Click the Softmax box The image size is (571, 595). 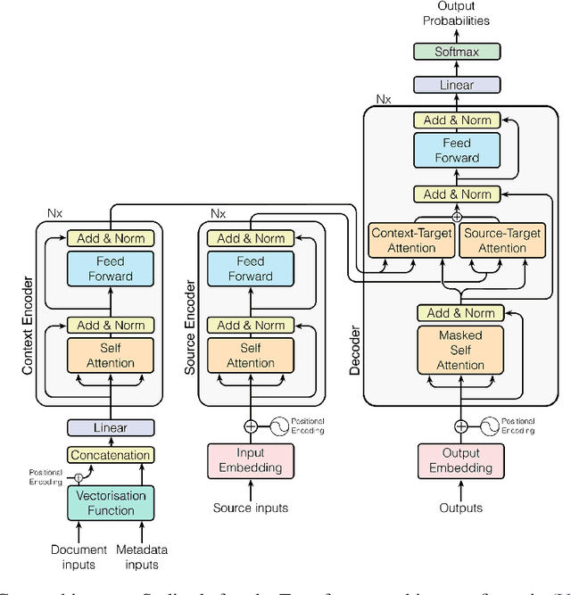click(456, 52)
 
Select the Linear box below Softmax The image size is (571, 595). click(456, 85)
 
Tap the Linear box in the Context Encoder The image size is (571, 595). click(111, 427)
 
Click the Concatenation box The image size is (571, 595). click(111, 455)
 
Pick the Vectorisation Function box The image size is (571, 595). click(111, 503)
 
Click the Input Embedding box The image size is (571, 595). click(251, 460)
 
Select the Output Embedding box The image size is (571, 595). click(460, 460)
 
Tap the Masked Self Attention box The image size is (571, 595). click(460, 351)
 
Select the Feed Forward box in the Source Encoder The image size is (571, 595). click(251, 269)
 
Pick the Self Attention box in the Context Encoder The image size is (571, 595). click(111, 356)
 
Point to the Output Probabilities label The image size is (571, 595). click(456, 13)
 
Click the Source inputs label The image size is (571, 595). click(251, 508)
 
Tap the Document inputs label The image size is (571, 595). click(79, 557)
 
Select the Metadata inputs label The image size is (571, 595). click(142, 557)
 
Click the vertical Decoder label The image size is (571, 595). click(355, 350)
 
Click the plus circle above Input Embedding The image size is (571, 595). click(251, 426)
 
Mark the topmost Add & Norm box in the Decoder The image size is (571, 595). click(457, 120)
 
